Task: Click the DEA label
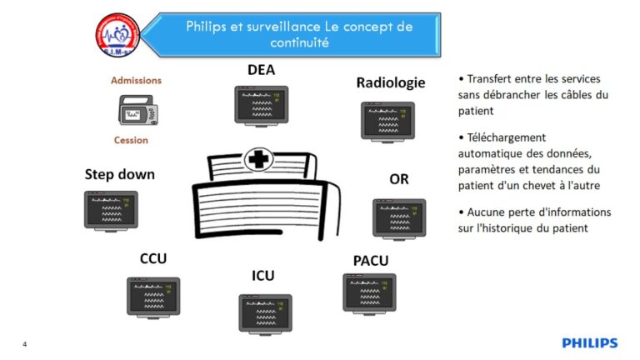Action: pos(261,71)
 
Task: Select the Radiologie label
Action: pos(390,82)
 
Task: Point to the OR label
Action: pos(399,179)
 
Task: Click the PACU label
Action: pos(371,261)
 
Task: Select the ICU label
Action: pos(262,275)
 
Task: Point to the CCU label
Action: pos(153,258)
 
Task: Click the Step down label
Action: pos(120,175)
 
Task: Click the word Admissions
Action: pos(137,81)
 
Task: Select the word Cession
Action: pos(131,140)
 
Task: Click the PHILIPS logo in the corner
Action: pos(590,342)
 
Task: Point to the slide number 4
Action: pos(25,343)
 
